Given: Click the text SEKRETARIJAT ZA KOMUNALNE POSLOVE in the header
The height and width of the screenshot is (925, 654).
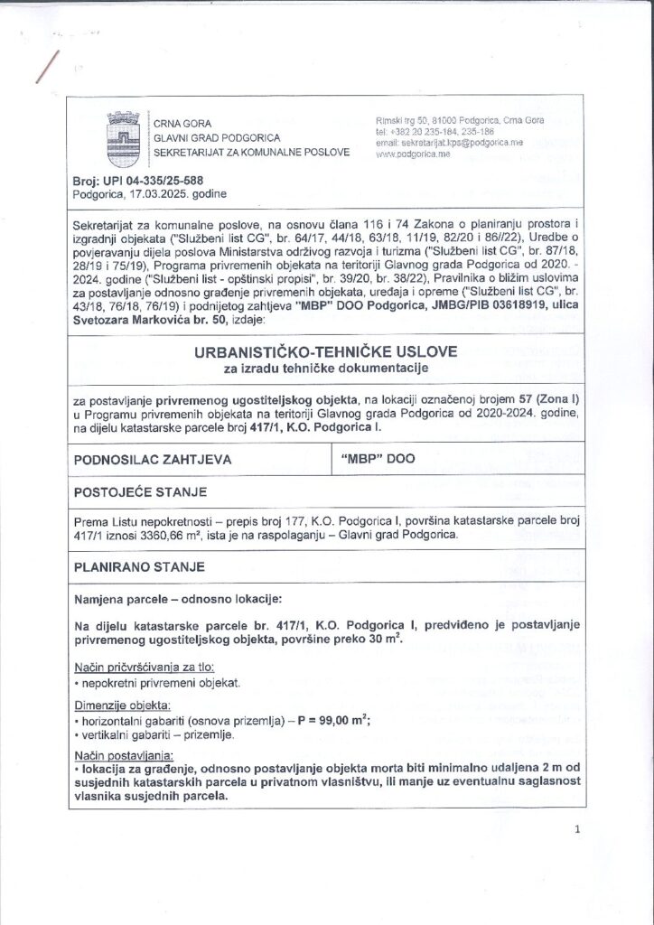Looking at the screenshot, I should [251, 154].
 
